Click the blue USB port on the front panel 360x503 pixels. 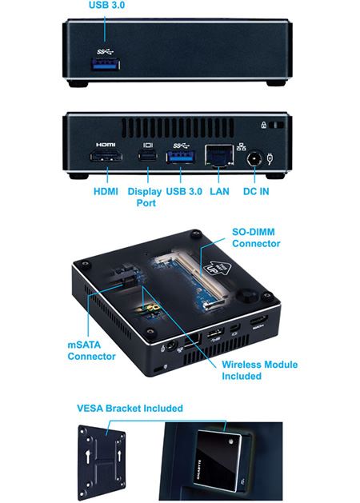pyautogui.click(x=106, y=64)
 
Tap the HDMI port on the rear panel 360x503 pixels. pyautogui.click(x=106, y=157)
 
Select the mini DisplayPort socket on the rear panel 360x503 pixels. pyautogui.click(x=148, y=156)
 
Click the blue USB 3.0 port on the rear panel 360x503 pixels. pyautogui.click(x=180, y=157)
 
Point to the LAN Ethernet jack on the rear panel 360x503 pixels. pyautogui.click(x=219, y=155)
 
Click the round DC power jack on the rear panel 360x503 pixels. pyautogui.click(x=254, y=159)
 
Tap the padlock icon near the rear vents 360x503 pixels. pyautogui.click(x=264, y=125)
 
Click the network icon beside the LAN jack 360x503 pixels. pyautogui.click(x=242, y=147)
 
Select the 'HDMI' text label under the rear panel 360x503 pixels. pyautogui.click(x=106, y=191)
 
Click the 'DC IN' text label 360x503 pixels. pyautogui.click(x=256, y=191)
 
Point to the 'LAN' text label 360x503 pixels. pyautogui.click(x=219, y=191)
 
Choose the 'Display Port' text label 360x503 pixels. pyautogui.click(x=145, y=198)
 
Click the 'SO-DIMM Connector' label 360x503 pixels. pyautogui.click(x=256, y=238)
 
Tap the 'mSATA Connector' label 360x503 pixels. pyautogui.click(x=91, y=350)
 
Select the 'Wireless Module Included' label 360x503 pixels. pyautogui.click(x=259, y=370)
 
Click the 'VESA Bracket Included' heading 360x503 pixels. pyautogui.click(x=130, y=409)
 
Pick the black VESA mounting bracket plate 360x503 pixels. pyautogui.click(x=102, y=461)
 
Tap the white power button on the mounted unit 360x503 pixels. pyautogui.click(x=230, y=441)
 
